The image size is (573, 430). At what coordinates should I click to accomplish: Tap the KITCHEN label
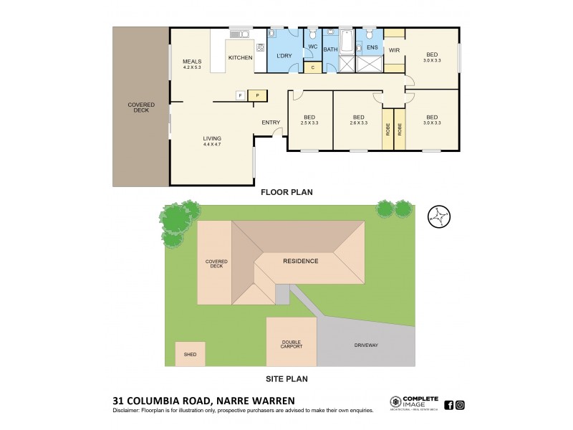[239, 57]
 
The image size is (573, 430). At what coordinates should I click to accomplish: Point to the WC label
[312, 48]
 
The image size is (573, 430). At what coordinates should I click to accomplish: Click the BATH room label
[330, 49]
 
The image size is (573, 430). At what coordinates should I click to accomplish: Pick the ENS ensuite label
[372, 49]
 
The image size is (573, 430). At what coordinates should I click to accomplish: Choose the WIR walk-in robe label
[394, 49]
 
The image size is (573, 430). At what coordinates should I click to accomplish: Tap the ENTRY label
[271, 123]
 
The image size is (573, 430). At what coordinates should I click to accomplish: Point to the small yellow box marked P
[258, 95]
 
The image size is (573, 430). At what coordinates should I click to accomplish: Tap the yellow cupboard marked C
[312, 68]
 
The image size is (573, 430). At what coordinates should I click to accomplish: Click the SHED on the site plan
[190, 354]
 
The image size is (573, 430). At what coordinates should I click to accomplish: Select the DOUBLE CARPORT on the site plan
[292, 343]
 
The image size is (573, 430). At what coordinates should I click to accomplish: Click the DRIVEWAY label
[365, 345]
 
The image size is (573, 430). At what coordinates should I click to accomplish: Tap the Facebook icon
[448, 405]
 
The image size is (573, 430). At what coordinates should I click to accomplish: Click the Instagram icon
[460, 405]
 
